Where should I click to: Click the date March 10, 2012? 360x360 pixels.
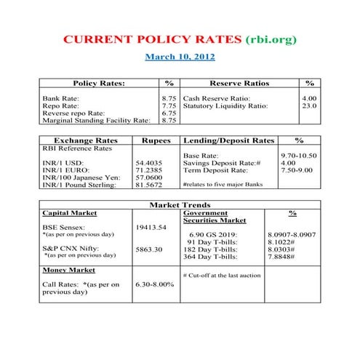(x=180, y=56)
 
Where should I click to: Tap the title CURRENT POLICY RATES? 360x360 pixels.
(x=153, y=39)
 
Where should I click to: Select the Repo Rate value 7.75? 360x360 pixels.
(x=169, y=105)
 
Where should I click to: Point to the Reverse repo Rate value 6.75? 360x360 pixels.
(x=169, y=113)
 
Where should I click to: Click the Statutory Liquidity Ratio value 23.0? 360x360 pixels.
(x=309, y=105)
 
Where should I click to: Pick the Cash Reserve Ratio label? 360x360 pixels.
(x=217, y=97)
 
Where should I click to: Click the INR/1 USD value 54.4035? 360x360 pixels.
(x=150, y=162)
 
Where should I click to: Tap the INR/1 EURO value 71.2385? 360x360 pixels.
(x=150, y=170)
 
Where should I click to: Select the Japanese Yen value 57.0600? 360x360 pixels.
(x=150, y=177)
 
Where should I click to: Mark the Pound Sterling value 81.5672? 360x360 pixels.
(x=150, y=185)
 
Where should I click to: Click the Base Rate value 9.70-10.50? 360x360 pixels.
(x=300, y=156)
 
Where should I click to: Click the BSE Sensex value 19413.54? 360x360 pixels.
(x=151, y=227)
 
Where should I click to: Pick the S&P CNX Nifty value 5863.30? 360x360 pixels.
(x=148, y=249)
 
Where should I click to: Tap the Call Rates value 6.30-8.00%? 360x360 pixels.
(x=155, y=284)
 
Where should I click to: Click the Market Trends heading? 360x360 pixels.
(x=180, y=204)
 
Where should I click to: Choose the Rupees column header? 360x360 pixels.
(x=156, y=140)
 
